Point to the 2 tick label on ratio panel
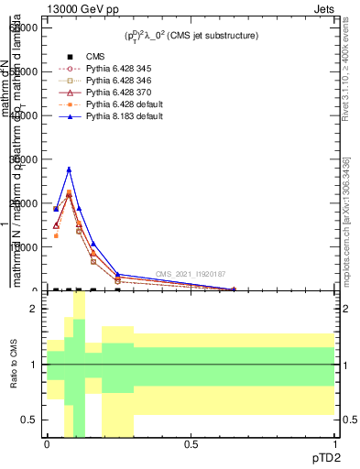point(32,309)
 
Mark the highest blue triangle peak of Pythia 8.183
point(69,169)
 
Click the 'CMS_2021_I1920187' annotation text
point(190,274)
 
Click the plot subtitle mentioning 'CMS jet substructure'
point(191,35)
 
